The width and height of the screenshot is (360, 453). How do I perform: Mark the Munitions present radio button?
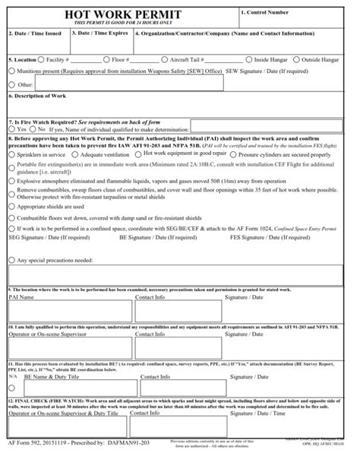point(11,70)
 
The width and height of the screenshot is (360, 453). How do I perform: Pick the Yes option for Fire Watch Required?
point(11,129)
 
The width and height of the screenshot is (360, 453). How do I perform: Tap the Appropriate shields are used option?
point(11,205)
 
